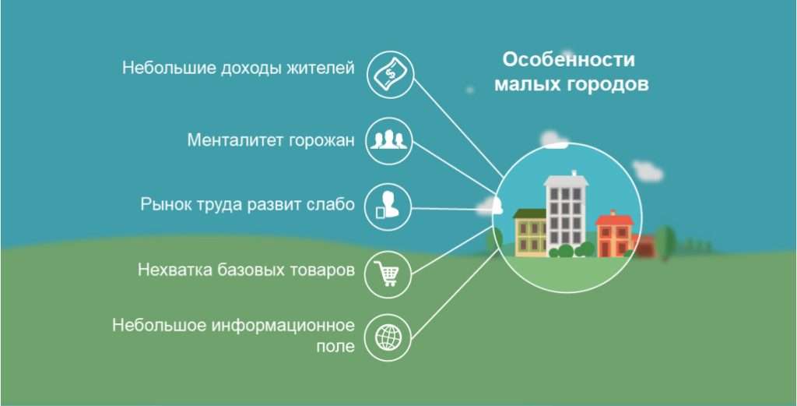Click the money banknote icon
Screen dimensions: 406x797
[388, 75]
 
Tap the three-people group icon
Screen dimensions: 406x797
[388, 140]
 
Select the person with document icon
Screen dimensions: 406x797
[388, 207]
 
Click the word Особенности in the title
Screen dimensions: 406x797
[568, 60]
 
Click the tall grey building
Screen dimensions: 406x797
[565, 210]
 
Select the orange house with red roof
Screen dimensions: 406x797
[614, 233]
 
